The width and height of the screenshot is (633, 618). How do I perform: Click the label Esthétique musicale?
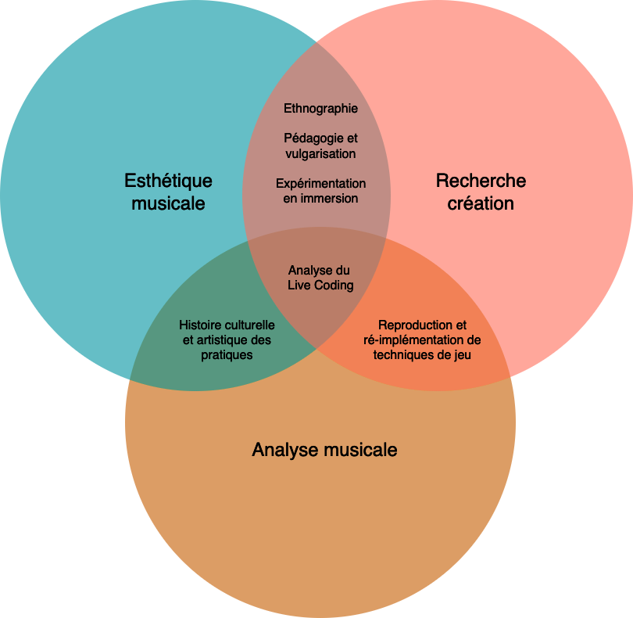click(x=168, y=192)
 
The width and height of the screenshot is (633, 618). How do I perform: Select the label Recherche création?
click(x=481, y=192)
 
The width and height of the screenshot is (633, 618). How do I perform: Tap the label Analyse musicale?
click(x=324, y=450)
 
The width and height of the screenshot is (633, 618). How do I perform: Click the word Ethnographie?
click(x=320, y=108)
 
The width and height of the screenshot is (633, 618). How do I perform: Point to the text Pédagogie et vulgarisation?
click(x=320, y=146)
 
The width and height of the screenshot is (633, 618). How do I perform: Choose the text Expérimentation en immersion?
click(x=320, y=191)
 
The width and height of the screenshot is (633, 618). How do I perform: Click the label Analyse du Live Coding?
click(x=320, y=278)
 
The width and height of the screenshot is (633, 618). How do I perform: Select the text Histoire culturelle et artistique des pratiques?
click(x=227, y=340)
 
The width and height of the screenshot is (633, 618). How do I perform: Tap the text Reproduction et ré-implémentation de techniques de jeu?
click(x=422, y=340)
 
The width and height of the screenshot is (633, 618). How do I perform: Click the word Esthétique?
click(x=168, y=181)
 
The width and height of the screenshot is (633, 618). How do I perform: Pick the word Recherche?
click(x=481, y=181)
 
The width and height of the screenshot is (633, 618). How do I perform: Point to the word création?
click(x=481, y=203)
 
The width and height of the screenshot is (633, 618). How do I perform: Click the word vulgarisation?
click(x=320, y=153)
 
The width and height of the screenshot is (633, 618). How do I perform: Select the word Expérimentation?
click(x=320, y=183)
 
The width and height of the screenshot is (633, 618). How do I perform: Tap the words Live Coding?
click(x=320, y=286)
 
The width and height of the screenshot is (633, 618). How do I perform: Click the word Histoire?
click(x=200, y=325)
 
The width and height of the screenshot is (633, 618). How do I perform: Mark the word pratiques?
click(x=227, y=354)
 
